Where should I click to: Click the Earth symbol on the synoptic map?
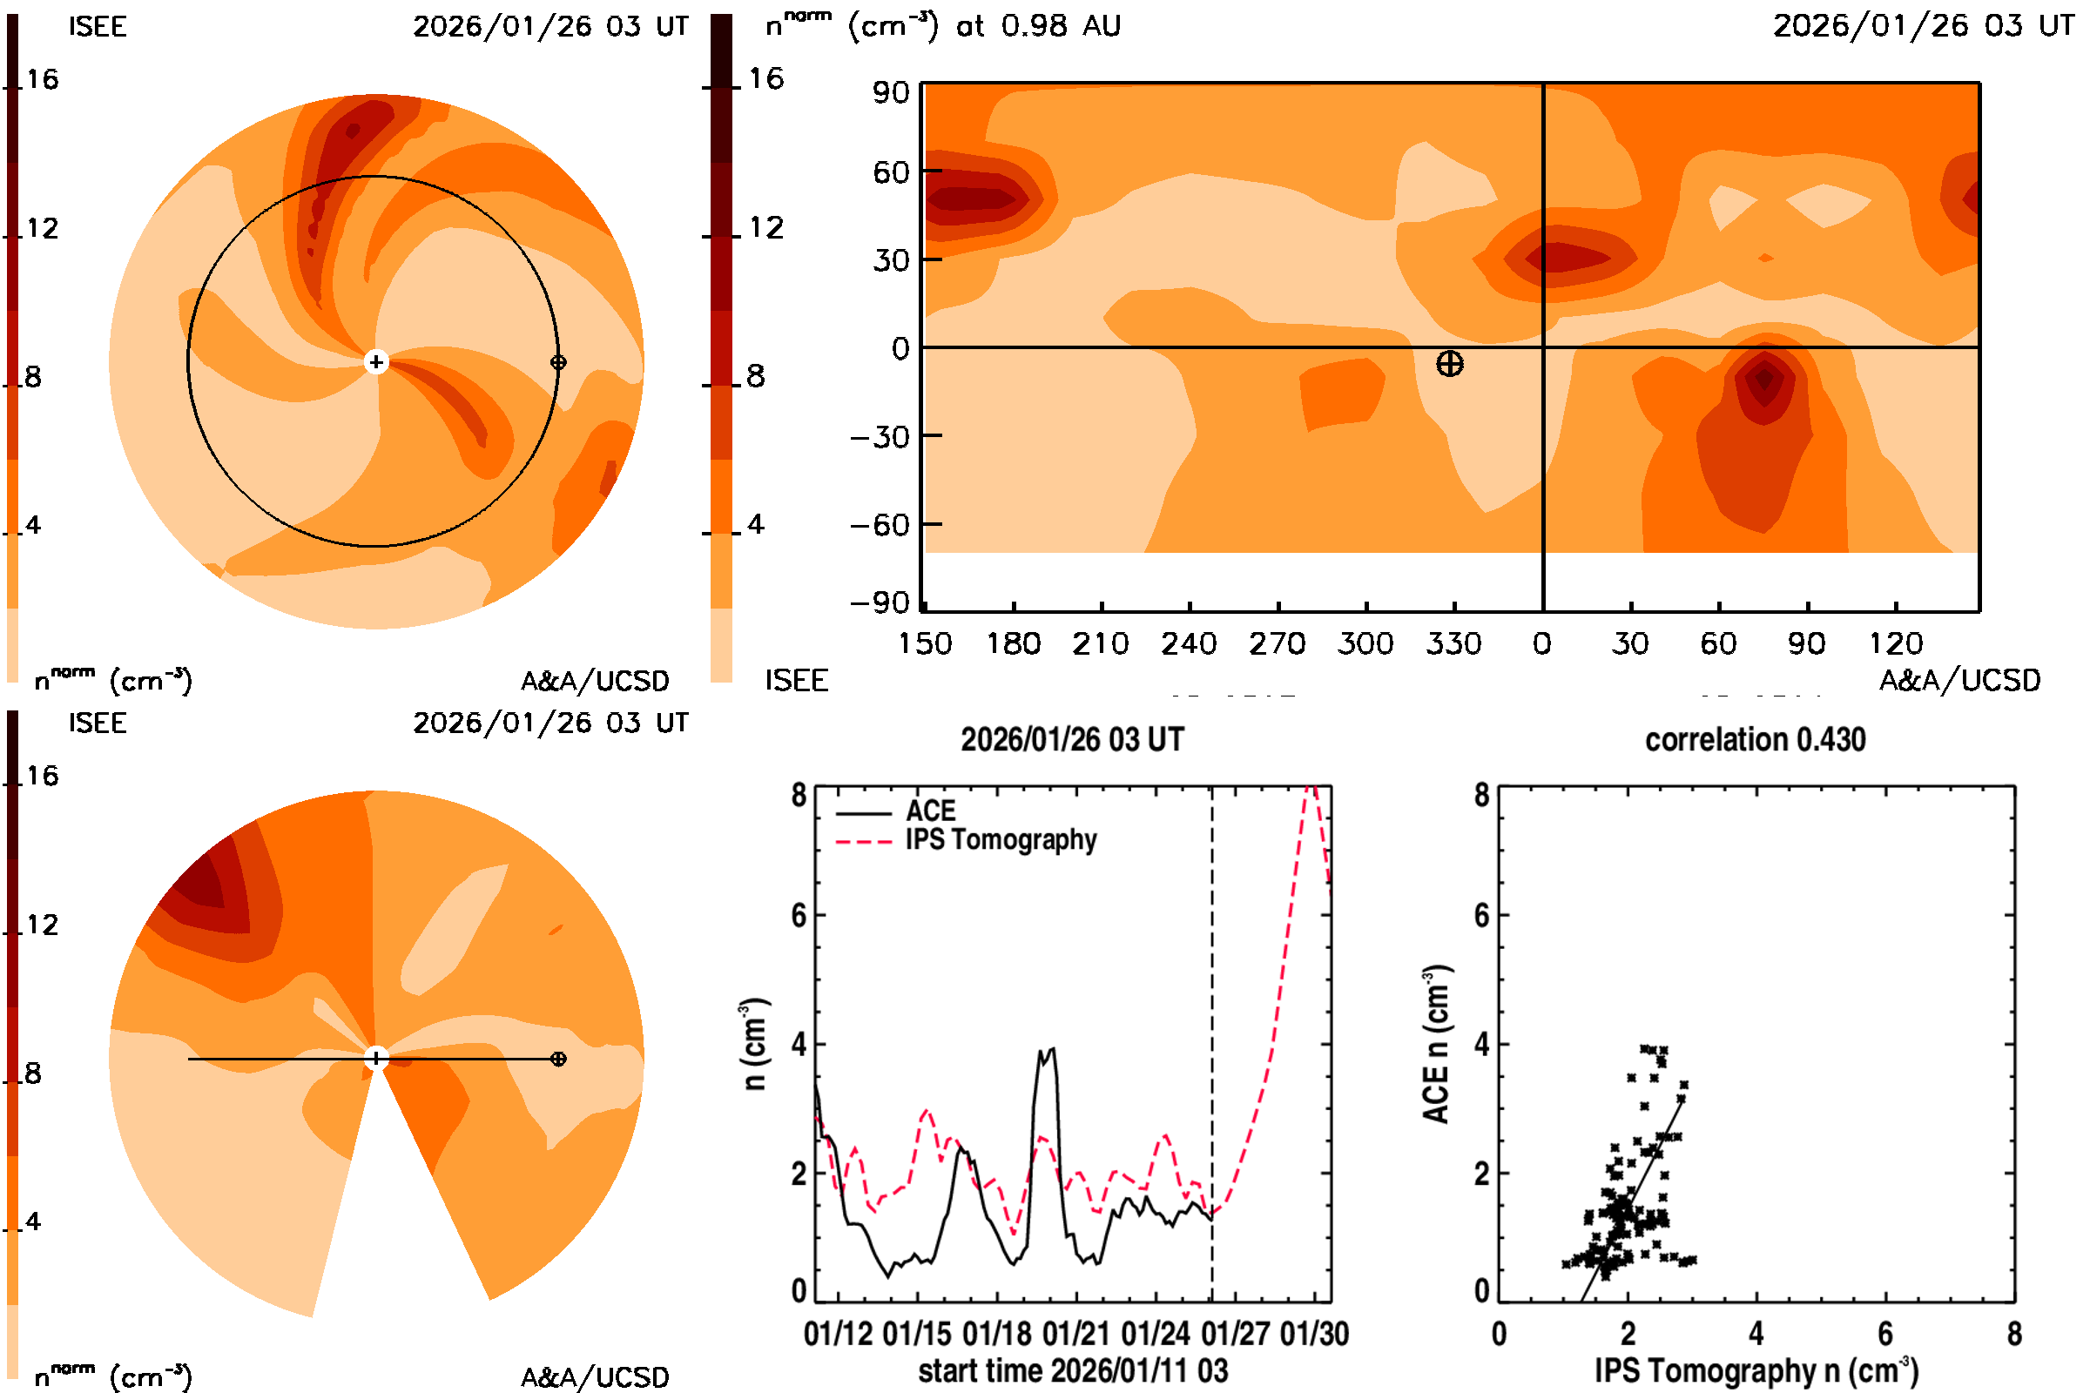1449,363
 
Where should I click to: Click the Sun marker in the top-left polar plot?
376,361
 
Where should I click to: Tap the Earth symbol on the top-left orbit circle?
558,361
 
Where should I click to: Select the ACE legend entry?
929,811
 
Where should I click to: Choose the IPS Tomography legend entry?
1001,839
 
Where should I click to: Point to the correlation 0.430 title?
1755,739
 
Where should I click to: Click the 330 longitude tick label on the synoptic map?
1453,643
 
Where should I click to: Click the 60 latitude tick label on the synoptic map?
891,172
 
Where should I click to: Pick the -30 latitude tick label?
880,437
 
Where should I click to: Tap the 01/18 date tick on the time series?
996,1334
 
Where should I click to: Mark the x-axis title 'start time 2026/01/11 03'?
1073,1370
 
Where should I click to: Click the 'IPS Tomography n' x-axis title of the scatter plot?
1756,1370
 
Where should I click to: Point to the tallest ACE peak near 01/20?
1053,1048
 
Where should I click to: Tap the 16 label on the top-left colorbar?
42,79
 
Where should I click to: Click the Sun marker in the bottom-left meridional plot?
376,1058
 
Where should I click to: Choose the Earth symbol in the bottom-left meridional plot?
558,1058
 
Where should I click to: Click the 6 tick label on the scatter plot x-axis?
1884,1334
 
